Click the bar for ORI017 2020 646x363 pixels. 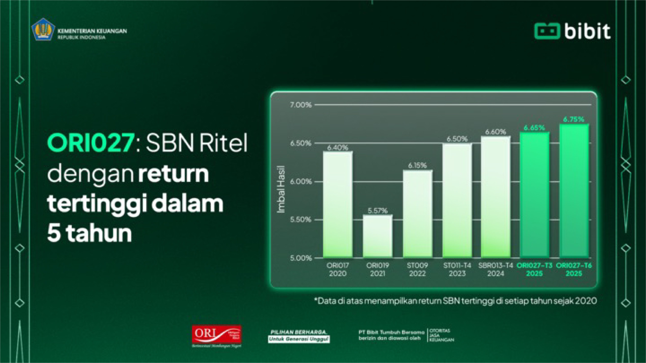(x=338, y=204)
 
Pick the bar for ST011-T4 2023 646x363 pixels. (x=457, y=200)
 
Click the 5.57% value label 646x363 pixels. (x=377, y=211)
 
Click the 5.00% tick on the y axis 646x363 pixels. (x=301, y=258)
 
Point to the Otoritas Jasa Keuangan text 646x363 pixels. (x=441, y=335)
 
